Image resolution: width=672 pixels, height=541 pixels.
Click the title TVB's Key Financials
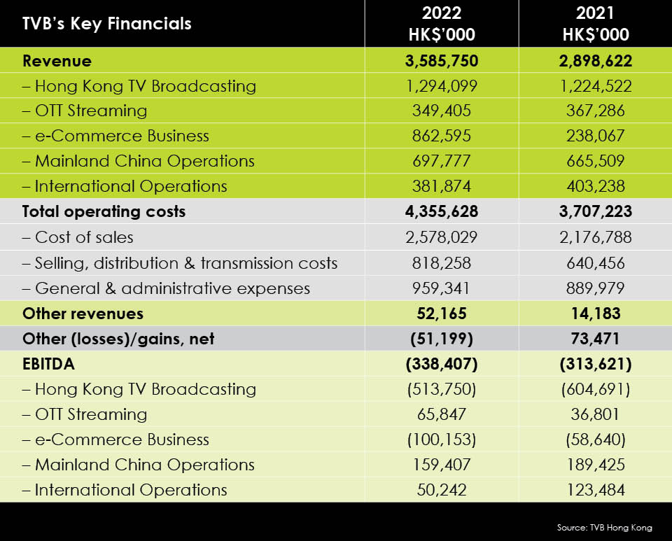point(106,24)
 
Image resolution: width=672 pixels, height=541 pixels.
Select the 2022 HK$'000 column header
point(442,24)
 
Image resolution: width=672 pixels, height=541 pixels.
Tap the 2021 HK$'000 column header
point(596,24)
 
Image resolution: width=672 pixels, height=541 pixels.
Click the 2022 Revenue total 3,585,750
point(442,61)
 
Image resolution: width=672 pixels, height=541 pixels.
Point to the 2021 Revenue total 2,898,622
point(596,61)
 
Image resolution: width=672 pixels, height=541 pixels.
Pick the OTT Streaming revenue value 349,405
point(442,111)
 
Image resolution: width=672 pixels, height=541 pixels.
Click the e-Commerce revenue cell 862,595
point(442,136)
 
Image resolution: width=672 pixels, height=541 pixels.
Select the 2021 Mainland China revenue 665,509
point(596,161)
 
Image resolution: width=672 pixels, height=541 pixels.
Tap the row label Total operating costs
point(104,211)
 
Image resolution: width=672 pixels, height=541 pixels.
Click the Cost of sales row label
point(78,237)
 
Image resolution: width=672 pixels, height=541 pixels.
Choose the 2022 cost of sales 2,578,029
point(442,237)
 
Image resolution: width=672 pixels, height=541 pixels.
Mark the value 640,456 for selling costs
point(596,263)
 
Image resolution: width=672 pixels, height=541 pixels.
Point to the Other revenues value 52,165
point(442,314)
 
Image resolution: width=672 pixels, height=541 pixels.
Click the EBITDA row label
point(48,364)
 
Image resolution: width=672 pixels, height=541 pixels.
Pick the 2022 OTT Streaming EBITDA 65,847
point(442,414)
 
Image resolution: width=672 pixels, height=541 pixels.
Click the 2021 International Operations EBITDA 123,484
point(596,490)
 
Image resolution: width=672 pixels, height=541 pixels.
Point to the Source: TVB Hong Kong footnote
point(605,528)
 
